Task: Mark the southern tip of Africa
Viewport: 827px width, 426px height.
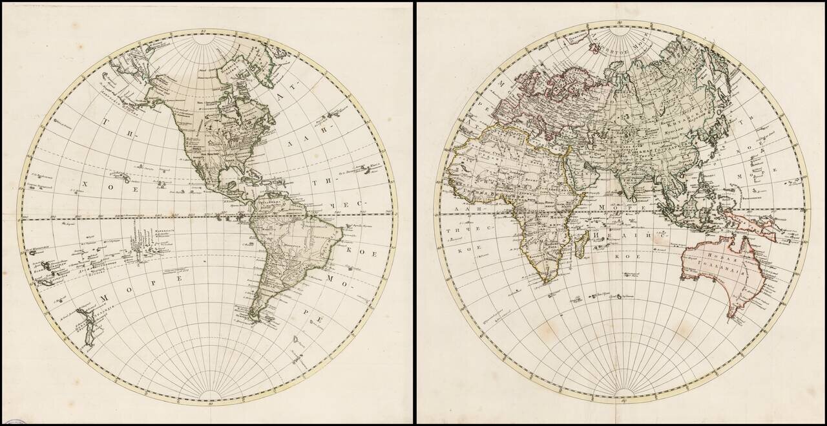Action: [x=546, y=282]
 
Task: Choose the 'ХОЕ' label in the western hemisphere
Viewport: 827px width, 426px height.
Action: [x=110, y=187]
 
